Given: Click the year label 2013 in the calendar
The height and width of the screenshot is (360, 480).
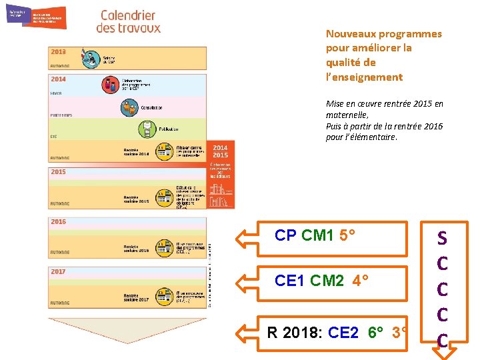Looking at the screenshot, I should pyautogui.click(x=59, y=52).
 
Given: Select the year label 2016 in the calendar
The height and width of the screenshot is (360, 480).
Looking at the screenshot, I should pyautogui.click(x=59, y=222).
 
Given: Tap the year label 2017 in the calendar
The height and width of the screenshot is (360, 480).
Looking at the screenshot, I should pyautogui.click(x=59, y=272).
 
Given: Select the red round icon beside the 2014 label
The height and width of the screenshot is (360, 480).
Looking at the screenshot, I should pyautogui.click(x=110, y=85).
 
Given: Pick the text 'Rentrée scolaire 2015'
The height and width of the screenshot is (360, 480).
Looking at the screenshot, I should pyautogui.click(x=136, y=199).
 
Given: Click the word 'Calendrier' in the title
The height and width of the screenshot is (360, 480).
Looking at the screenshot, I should pyautogui.click(x=128, y=15).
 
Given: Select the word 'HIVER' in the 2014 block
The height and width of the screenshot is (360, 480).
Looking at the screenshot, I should pyautogui.click(x=57, y=93).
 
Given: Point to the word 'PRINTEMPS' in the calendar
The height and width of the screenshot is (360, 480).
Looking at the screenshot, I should pyautogui.click(x=62, y=115).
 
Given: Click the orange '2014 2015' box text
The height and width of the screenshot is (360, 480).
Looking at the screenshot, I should pyautogui.click(x=220, y=151).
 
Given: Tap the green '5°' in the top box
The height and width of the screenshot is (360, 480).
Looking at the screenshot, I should pyautogui.click(x=347, y=235).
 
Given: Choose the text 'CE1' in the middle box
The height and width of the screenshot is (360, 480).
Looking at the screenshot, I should pyautogui.click(x=289, y=281).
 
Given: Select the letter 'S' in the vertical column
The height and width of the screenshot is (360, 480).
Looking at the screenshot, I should pyautogui.click(x=442, y=238).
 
